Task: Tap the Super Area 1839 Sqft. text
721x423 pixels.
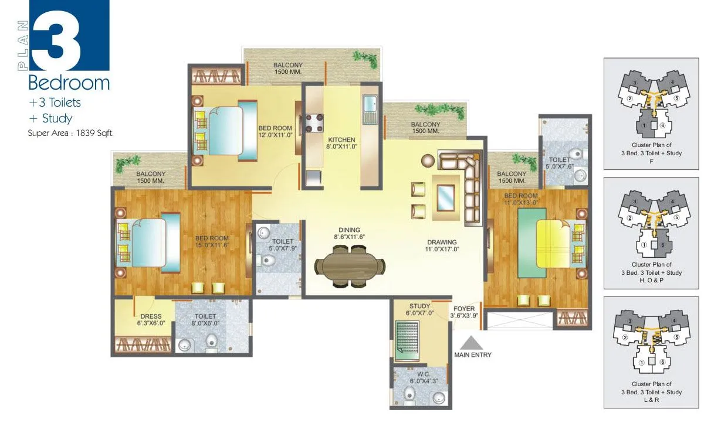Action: tap(70, 133)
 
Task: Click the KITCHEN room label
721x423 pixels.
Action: tap(341, 139)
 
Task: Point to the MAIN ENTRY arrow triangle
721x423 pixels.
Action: tap(472, 342)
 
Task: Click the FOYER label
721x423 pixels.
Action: tap(464, 308)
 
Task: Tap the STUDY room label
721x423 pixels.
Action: tap(420, 306)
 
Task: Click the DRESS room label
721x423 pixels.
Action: tap(134, 316)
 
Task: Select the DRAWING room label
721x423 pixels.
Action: tap(442, 242)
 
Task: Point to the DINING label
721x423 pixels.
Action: tap(349, 230)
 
